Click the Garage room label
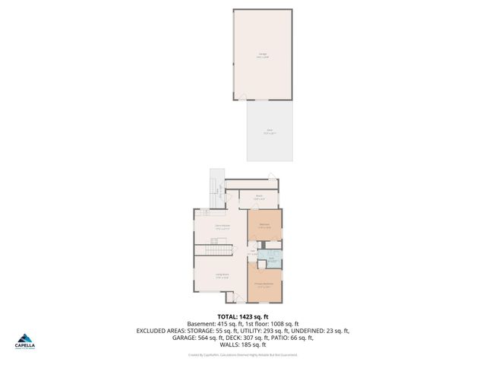click(263, 55)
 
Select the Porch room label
click(258, 197)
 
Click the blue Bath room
click(272, 259)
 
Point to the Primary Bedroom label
click(264, 285)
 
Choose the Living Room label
click(222, 276)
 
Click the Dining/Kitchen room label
click(222, 227)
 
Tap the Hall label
click(253, 252)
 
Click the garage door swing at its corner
click(241, 97)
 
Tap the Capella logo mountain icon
click(26, 339)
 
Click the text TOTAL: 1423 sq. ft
click(243, 316)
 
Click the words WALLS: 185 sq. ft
click(243, 346)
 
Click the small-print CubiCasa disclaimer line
click(243, 355)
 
